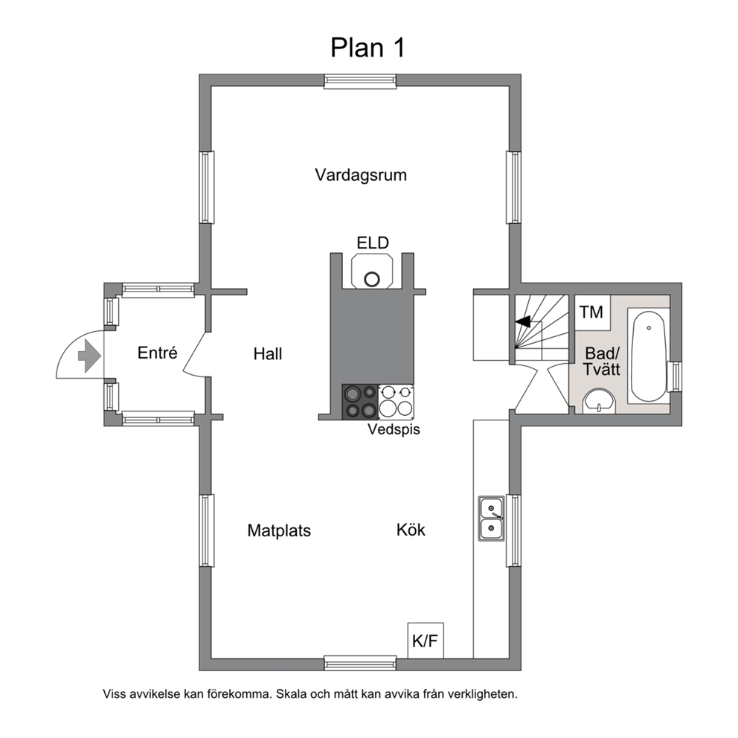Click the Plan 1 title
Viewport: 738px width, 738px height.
tap(368, 48)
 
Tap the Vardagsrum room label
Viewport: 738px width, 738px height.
tap(361, 175)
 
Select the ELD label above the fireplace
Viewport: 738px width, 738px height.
tap(372, 243)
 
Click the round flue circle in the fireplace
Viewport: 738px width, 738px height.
tap(372, 279)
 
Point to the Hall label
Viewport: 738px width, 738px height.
tap(268, 354)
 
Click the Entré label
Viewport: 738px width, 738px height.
tap(157, 353)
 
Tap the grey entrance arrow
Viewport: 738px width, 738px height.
tap(89, 356)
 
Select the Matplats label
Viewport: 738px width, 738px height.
tap(279, 531)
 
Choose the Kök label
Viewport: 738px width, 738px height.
tap(411, 530)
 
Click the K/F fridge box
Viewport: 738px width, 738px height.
tap(426, 640)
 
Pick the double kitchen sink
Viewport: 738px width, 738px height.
tap(491, 519)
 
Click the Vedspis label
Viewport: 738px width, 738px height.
tap(394, 429)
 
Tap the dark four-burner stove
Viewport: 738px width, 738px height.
tap(360, 402)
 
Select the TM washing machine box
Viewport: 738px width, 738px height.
tap(592, 312)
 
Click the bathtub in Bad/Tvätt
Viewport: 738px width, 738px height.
tap(648, 357)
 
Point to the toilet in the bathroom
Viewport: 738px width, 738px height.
tap(599, 402)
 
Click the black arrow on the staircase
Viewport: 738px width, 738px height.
tap(523, 322)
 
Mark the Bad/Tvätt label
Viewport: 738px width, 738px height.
tap(602, 361)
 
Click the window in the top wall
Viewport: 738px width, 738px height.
tap(360, 81)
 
